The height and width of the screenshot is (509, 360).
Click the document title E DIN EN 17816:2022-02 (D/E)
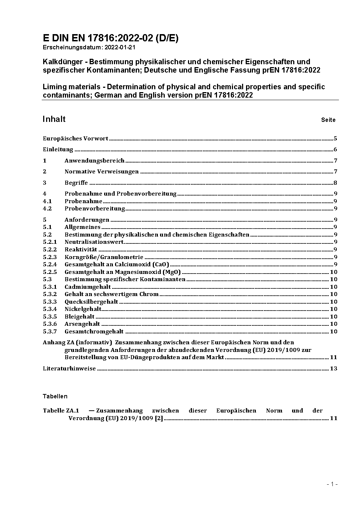coord(110,38)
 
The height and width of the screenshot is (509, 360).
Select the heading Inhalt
coord(54,119)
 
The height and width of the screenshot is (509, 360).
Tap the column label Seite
coord(328,120)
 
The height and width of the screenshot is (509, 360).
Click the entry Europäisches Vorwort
coord(75,138)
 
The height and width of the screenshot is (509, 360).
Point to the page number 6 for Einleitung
coord(335,149)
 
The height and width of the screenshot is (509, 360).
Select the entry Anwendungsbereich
coord(94,160)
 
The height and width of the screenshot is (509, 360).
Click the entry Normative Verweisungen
coord(102,172)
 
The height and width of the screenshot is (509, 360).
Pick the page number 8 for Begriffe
coord(335,183)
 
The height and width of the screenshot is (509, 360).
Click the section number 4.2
coord(47,209)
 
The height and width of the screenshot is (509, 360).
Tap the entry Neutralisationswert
coord(94,242)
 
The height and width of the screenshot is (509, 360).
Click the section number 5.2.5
coord(50,272)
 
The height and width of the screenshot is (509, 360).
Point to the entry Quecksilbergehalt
coord(91,301)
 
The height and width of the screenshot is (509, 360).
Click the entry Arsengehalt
coord(82,324)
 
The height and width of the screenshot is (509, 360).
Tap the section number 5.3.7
coord(50,331)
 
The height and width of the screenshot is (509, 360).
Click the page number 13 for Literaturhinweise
coord(334,369)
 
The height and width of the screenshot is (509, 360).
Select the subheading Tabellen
coord(55,396)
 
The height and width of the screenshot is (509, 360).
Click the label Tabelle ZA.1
coord(61,411)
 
